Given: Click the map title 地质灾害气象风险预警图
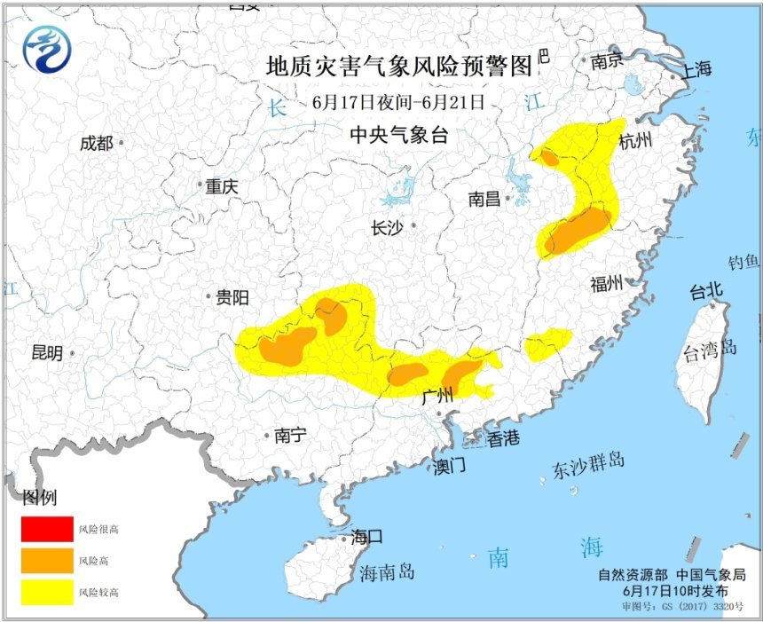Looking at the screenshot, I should [399, 67].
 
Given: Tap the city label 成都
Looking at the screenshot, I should [96, 143].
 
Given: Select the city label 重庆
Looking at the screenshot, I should [222, 187].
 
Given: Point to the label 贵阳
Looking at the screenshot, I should [232, 298].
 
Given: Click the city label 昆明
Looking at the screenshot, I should [47, 353].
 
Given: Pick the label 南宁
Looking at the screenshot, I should [290, 435].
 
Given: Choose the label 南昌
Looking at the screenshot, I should [486, 200].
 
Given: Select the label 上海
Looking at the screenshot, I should [696, 71].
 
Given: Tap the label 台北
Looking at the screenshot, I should [707, 290].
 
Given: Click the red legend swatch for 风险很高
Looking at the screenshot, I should [48, 529].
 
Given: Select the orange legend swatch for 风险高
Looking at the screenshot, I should [48, 560].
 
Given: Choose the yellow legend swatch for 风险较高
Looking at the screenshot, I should [48, 591].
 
